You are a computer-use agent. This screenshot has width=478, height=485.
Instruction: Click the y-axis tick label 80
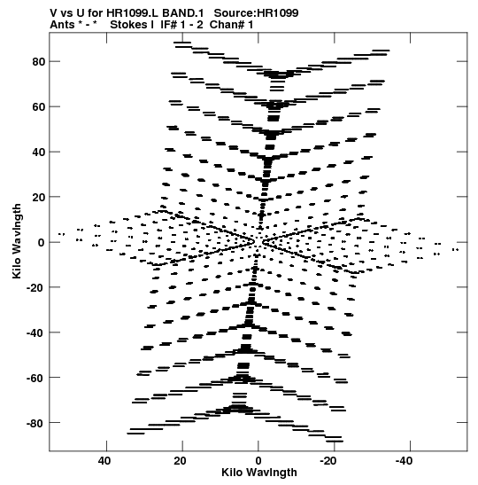pos(39,62)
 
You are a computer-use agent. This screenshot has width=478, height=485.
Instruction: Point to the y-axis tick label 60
pos(39,107)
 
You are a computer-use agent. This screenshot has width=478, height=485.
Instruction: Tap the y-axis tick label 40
pos(39,153)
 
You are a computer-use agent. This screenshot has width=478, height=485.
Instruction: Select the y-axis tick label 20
pos(39,198)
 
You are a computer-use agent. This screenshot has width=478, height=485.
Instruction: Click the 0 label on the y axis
pos(42,243)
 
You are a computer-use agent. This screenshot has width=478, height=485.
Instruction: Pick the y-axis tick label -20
pos(35,287)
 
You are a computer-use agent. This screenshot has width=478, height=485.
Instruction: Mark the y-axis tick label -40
pos(35,332)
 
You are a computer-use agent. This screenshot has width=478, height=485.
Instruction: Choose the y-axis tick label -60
pos(35,378)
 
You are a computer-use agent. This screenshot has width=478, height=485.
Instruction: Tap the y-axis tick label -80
pos(35,423)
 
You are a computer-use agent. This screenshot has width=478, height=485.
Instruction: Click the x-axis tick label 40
pos(104,461)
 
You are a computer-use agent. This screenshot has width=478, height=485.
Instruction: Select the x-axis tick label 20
pos(180,461)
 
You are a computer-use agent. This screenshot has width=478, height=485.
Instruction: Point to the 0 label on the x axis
pos(258,461)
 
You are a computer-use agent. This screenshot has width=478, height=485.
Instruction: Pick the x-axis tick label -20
pos(328,461)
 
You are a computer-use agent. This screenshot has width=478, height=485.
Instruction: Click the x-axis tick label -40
pos(404,461)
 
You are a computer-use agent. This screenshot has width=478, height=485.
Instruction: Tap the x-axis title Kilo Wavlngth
pos(259,473)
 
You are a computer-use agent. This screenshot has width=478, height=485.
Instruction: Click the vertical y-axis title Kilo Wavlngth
pos(17,241)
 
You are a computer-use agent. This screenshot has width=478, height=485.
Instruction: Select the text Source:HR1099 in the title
pos(257,13)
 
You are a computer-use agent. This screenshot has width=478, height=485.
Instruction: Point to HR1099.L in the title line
pos(133,13)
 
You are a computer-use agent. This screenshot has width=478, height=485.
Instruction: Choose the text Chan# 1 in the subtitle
pos(231,25)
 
